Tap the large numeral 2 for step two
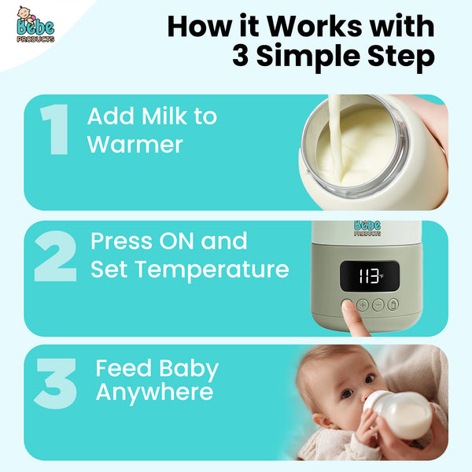click(x=56, y=256)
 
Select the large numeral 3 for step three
click(x=56, y=383)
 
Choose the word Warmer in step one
click(x=135, y=145)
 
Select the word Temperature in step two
click(x=213, y=270)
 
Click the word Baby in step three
click(x=188, y=368)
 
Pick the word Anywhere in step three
click(x=154, y=392)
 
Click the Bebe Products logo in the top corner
click(x=35, y=28)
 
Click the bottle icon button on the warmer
click(x=393, y=304)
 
